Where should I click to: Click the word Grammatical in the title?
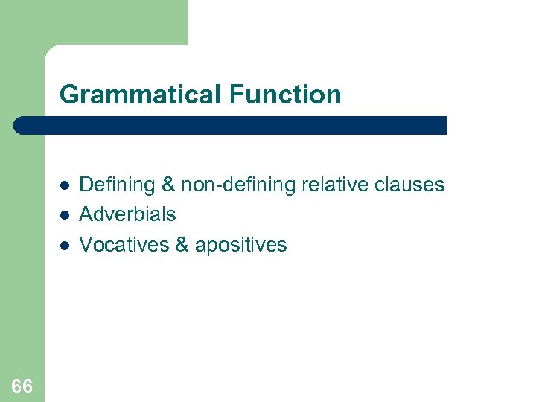pos(141,95)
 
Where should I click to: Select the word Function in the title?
pos(285,95)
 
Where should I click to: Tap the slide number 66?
pos(22,386)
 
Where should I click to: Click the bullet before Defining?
pos(65,185)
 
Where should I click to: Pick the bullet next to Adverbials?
pos(65,214)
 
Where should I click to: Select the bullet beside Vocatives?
pos(65,245)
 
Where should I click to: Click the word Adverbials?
pos(127,214)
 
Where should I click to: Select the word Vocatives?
pos(124,245)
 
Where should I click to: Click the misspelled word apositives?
pos(240,245)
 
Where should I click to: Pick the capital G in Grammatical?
pos(69,95)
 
